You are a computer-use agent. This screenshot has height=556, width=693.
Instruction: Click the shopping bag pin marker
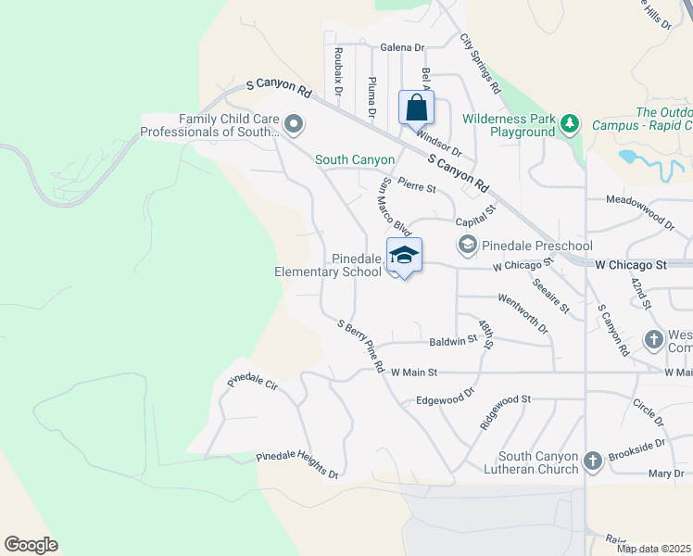(417, 107)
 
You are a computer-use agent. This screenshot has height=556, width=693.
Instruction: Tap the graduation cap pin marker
(404, 256)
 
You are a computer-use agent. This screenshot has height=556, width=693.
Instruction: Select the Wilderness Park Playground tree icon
(571, 122)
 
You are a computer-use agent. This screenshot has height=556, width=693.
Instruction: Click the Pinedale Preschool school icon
(466, 245)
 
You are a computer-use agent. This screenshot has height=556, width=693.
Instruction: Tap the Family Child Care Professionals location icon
(295, 122)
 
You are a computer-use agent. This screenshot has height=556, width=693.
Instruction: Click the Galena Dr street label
(402, 47)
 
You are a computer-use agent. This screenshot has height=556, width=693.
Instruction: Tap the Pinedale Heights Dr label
(297, 465)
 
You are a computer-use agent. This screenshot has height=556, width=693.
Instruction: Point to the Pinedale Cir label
(252, 381)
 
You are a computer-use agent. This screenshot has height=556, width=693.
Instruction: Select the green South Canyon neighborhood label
(355, 160)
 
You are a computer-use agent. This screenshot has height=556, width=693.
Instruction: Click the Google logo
(31, 545)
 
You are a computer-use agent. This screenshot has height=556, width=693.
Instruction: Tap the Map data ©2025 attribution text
(654, 549)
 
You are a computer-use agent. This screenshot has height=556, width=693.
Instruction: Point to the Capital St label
(476, 221)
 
